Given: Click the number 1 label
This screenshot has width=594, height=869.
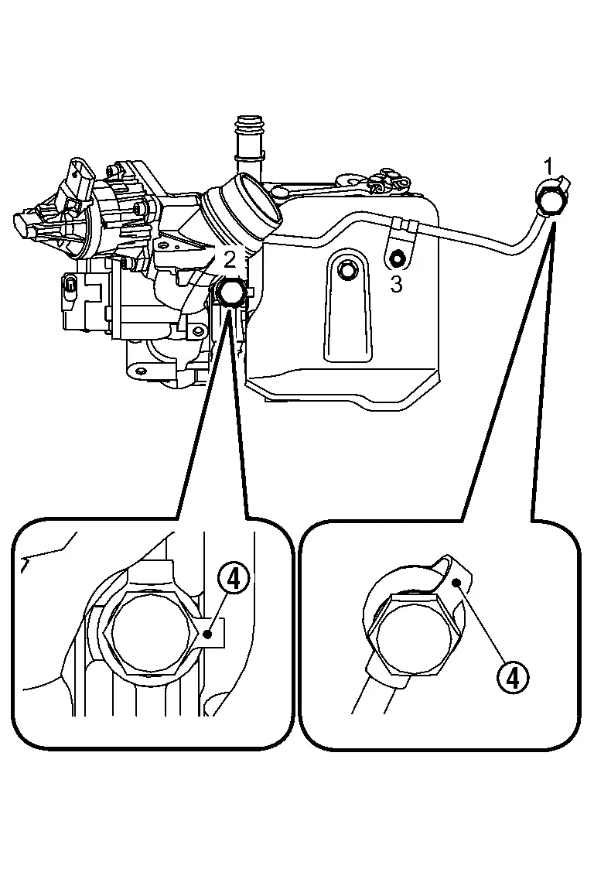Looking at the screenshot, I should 548,166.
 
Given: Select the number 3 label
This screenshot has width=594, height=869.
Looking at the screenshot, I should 396,284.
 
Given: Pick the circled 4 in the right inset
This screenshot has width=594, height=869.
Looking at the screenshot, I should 513,677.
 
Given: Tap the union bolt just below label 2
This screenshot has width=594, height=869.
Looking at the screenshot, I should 230,293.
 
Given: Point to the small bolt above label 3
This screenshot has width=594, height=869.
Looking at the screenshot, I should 397,258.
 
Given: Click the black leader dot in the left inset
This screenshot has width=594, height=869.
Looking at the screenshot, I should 208,634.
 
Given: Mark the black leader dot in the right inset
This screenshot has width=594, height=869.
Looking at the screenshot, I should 459,582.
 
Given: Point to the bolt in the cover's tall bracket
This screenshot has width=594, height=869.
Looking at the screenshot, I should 346,269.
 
